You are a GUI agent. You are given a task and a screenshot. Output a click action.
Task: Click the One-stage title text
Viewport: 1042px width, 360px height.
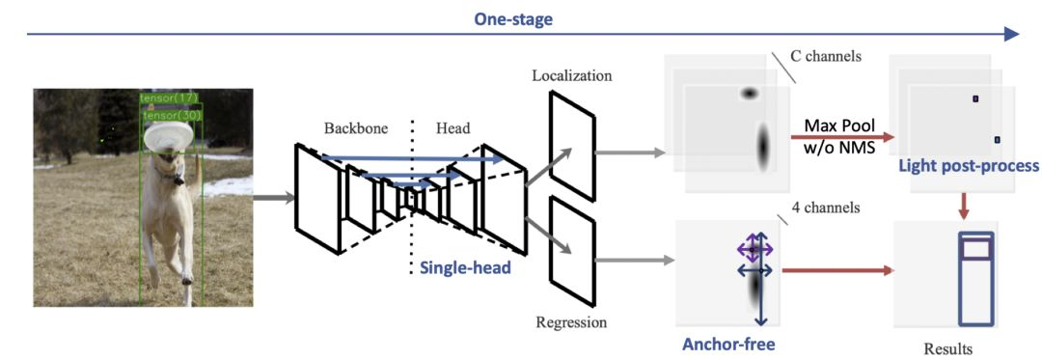[x=513, y=20]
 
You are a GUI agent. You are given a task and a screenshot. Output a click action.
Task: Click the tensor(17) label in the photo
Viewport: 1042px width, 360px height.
[x=170, y=98]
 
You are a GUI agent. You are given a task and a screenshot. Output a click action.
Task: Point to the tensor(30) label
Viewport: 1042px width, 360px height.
[x=173, y=115]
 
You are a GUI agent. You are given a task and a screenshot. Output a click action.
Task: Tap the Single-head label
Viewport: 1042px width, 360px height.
[x=464, y=268]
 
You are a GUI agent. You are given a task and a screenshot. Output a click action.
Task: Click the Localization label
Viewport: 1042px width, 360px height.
[x=571, y=75]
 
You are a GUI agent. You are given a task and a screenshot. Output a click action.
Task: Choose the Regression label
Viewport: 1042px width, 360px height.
[x=571, y=323]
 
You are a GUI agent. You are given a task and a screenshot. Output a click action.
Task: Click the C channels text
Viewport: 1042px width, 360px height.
[x=825, y=56]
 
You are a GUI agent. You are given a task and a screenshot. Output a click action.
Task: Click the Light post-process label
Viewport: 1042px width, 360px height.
[x=969, y=166]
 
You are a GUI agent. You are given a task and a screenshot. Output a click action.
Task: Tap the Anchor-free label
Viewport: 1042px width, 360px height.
[x=729, y=345]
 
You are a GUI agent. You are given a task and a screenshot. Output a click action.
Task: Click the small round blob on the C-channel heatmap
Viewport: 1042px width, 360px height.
[x=750, y=94]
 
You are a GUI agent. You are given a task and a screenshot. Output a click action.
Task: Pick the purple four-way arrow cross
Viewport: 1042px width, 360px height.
[x=754, y=250]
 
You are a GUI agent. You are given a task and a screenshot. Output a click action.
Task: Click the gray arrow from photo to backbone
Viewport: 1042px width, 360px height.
[x=274, y=197]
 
